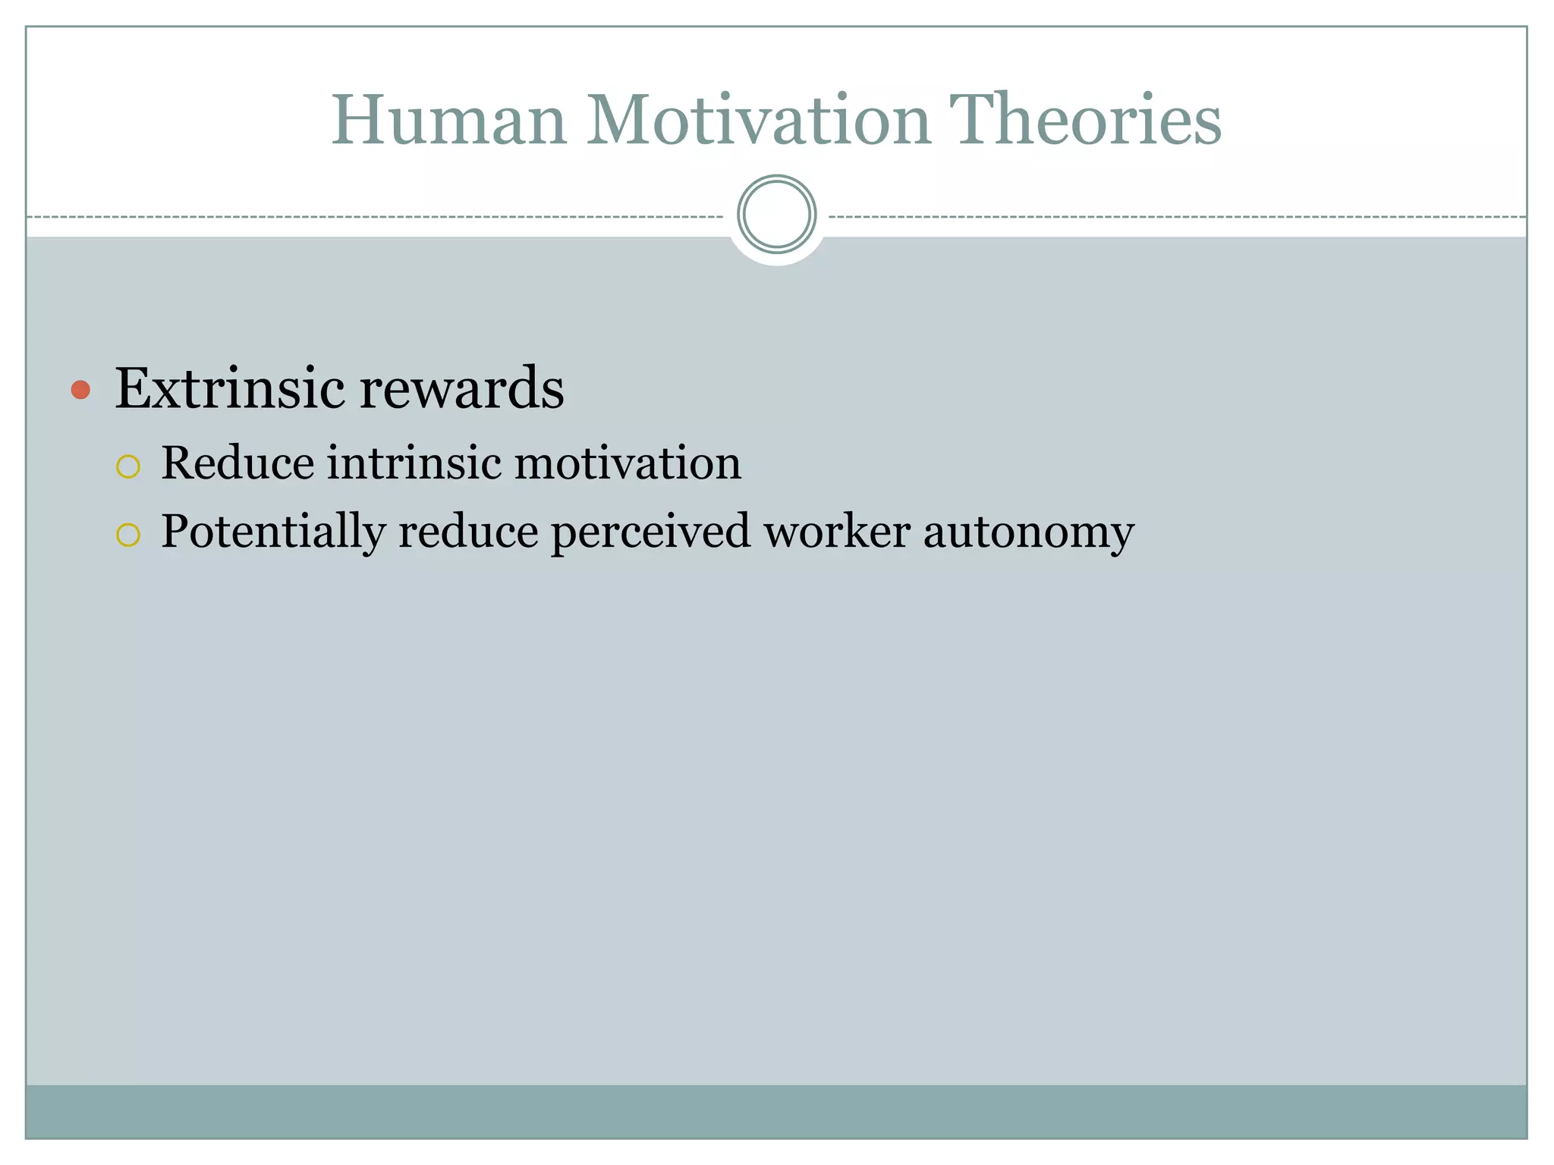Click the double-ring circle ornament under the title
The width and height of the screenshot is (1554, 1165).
pos(776,215)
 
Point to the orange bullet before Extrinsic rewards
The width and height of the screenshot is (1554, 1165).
pos(80,390)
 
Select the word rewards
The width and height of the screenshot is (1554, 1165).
pos(462,388)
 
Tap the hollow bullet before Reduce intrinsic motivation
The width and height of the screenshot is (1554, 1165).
pos(128,466)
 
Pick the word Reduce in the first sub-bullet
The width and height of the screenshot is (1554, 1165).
pos(238,463)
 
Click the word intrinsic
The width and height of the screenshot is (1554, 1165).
pos(414,463)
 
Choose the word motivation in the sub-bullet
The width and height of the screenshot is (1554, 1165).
pos(628,463)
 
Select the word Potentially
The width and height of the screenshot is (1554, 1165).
pos(273,532)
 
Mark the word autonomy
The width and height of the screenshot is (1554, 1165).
pos(1028,533)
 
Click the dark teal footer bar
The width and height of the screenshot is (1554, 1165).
pos(776,1111)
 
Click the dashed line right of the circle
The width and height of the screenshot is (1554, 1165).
pos(1176,217)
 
